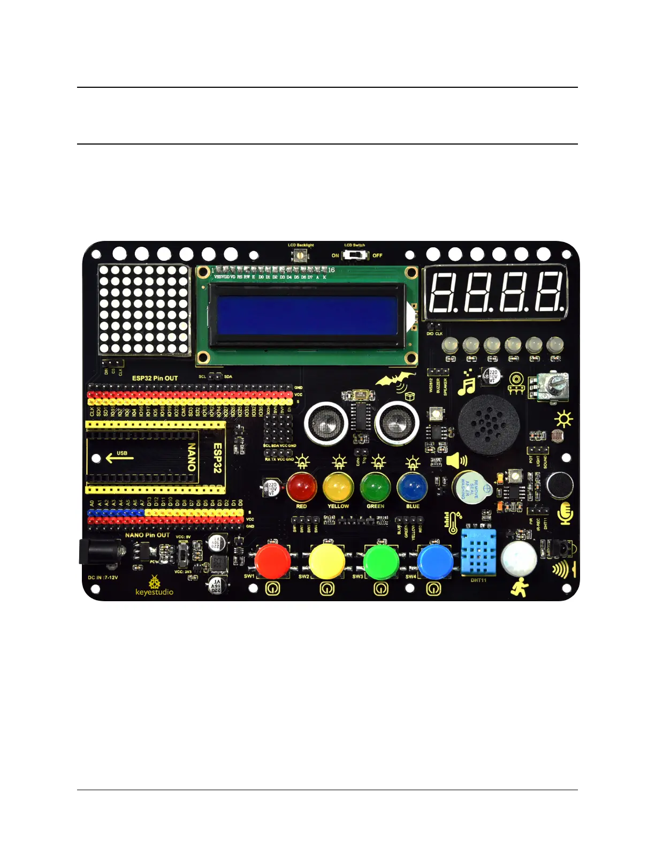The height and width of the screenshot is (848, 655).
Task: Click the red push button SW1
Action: [x=272, y=561]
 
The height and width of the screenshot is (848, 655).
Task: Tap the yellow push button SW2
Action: [x=326, y=561]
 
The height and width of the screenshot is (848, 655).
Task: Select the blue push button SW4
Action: [x=435, y=561]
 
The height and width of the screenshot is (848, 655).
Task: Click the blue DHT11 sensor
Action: [x=478, y=551]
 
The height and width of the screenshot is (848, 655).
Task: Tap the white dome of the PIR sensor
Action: [x=519, y=558]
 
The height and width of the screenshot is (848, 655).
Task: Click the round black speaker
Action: [x=489, y=426]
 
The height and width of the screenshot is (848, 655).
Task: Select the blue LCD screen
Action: [x=308, y=315]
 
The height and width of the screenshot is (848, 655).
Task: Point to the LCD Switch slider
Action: [x=355, y=255]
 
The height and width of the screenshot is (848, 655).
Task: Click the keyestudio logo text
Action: [x=154, y=592]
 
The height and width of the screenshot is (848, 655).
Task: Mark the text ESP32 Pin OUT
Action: [x=155, y=378]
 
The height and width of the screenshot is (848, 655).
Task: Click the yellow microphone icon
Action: [x=566, y=513]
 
